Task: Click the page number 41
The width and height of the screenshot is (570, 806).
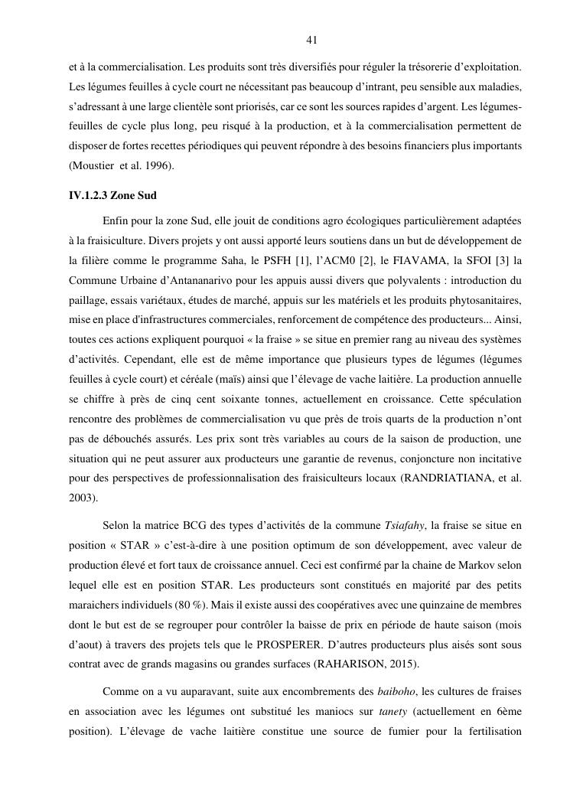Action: (311, 40)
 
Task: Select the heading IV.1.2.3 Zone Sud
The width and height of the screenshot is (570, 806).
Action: (112, 195)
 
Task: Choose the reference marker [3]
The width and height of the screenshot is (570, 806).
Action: (504, 259)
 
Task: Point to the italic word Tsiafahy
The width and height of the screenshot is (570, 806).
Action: (405, 525)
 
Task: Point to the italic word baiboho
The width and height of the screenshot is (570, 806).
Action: (395, 691)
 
